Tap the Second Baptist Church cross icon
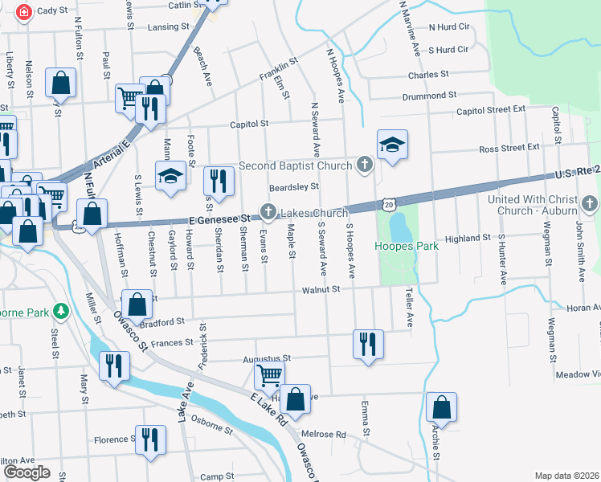(x=365, y=165)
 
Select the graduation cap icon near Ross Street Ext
(x=392, y=145)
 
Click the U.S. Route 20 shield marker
(x=389, y=206)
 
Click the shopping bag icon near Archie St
(x=441, y=407)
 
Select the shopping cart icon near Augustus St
(x=269, y=374)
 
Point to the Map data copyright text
(x=566, y=476)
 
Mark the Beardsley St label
(x=293, y=186)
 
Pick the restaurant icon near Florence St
(x=150, y=439)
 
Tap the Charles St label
(x=427, y=75)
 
